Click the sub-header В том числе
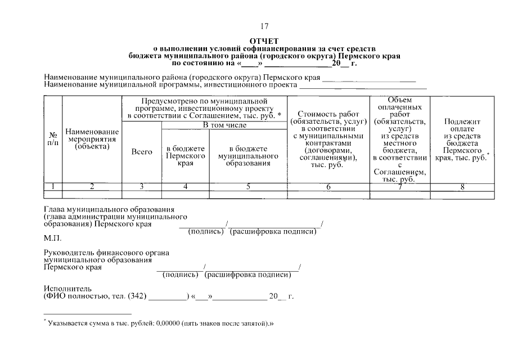point(224,125)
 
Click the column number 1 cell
point(53,186)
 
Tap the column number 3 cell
point(142,186)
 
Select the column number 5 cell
point(247,186)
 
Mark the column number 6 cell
point(328,186)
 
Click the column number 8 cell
point(462,186)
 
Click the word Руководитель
point(67,253)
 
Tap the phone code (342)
point(137,296)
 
